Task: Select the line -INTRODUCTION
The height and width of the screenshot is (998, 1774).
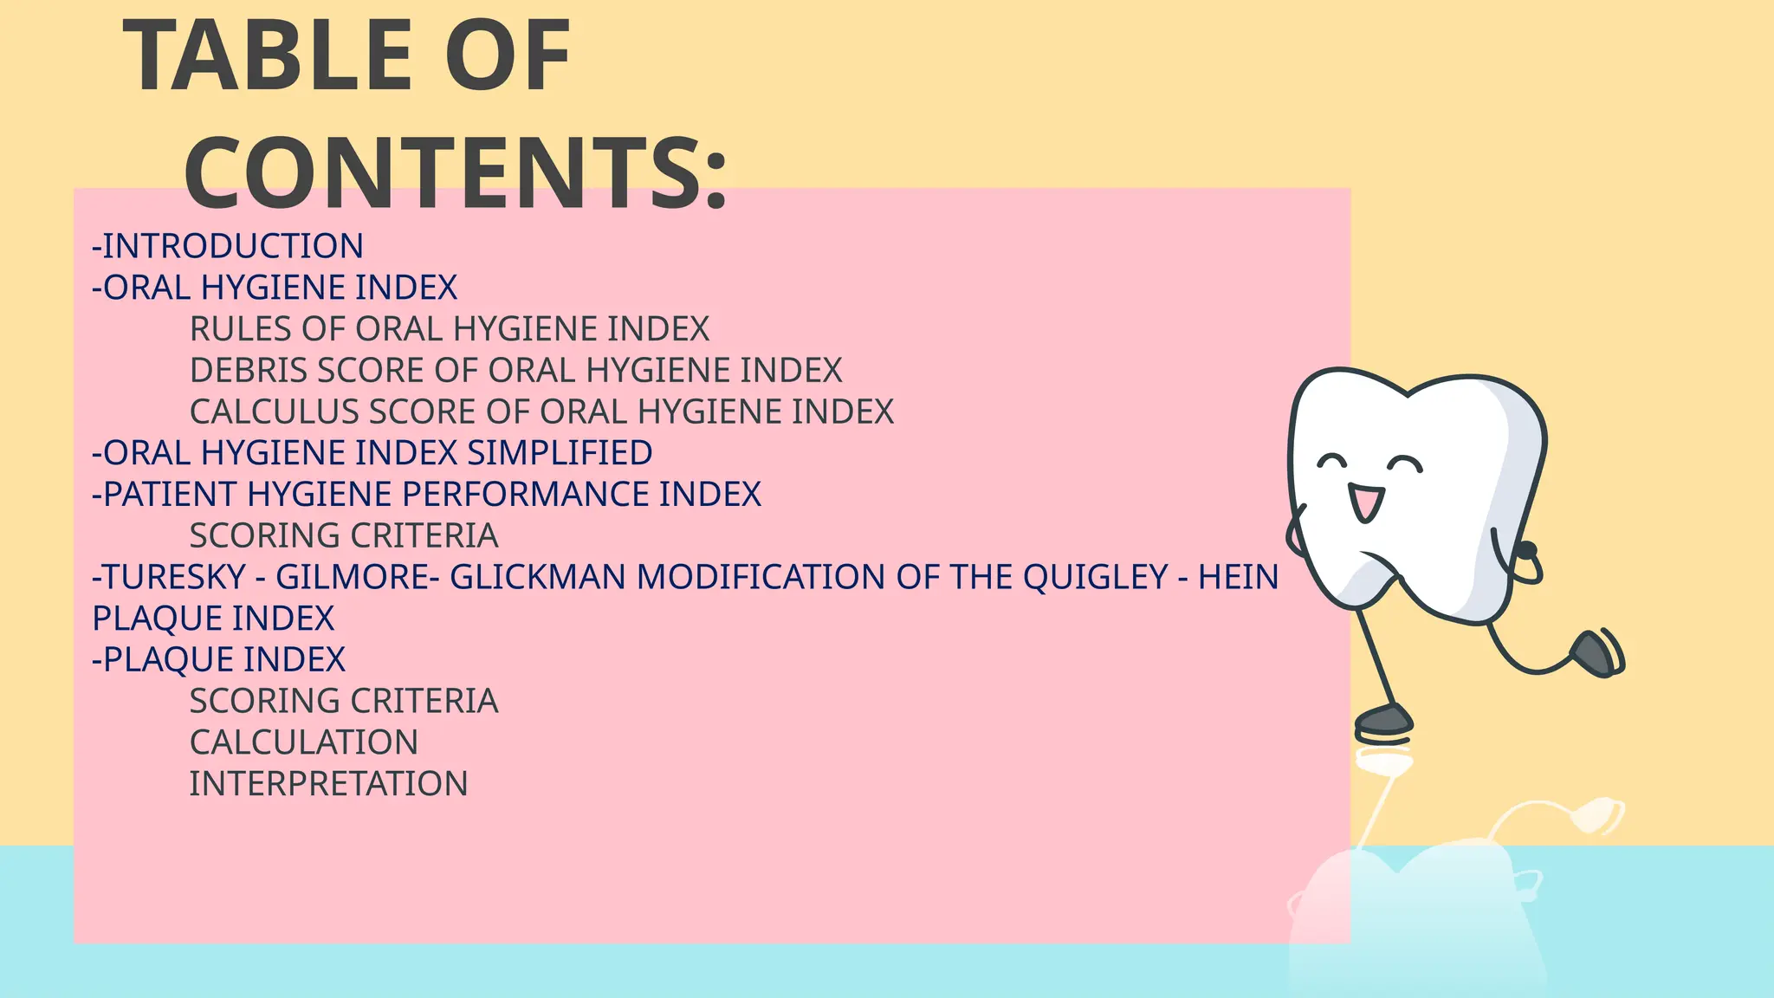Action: click(x=228, y=246)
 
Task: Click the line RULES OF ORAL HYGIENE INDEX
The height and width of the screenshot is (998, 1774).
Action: click(x=449, y=329)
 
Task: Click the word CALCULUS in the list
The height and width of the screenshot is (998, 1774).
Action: click(x=274, y=412)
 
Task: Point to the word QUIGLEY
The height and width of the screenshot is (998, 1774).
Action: click(x=1095, y=577)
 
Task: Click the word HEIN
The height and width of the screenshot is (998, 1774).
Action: click(x=1238, y=577)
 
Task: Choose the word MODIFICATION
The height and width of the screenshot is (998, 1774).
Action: click(x=761, y=577)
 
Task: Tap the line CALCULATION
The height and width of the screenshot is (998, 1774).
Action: click(x=303, y=742)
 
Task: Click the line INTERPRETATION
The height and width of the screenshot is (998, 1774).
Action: click(x=328, y=784)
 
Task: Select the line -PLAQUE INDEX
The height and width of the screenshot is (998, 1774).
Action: click(x=218, y=660)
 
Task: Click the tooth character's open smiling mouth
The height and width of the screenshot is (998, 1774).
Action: click(x=1366, y=502)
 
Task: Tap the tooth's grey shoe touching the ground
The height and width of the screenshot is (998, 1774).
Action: click(x=1383, y=719)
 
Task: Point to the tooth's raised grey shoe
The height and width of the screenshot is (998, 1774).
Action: click(x=1594, y=653)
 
